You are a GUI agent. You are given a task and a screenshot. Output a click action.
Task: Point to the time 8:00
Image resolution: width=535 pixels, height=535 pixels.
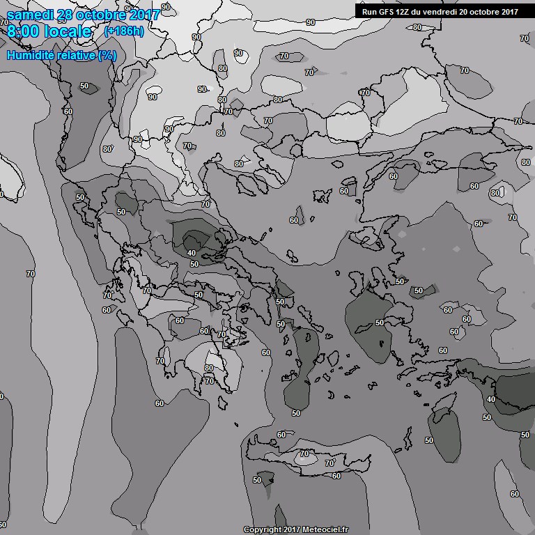coord(25,31)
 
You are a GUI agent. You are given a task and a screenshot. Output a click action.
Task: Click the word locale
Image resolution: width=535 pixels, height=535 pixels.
coord(70,31)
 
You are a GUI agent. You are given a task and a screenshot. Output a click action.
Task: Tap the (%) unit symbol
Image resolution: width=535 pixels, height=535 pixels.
coord(107,55)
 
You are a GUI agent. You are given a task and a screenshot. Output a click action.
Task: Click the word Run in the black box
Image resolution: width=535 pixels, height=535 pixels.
coord(370,11)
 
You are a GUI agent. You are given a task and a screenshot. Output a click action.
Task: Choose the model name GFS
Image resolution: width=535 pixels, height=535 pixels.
coord(387,11)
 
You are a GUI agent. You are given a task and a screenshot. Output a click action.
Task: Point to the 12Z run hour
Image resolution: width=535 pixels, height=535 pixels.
coord(406,11)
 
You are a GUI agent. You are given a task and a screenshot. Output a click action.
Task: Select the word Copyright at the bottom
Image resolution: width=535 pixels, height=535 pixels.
coord(262,530)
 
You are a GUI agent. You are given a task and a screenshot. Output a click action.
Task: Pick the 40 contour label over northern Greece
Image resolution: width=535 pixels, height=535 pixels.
coord(192,252)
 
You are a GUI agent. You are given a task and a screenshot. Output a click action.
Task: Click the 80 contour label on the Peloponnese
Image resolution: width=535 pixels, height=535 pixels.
coord(209,368)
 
